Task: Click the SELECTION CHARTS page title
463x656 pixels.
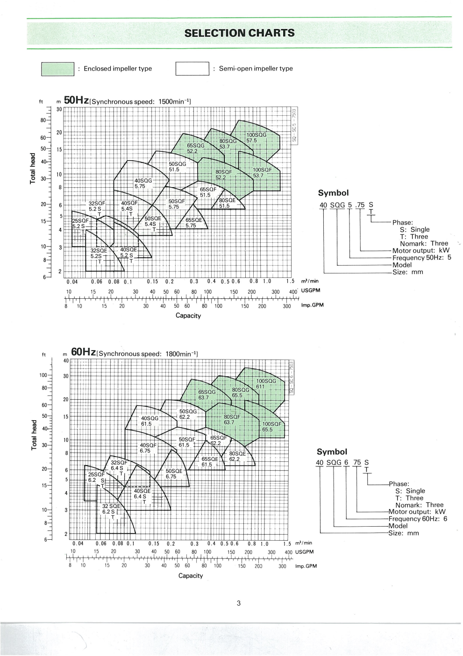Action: coord(239,33)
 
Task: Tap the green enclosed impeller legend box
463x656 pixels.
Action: coord(57,69)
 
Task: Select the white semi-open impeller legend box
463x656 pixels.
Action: coord(192,69)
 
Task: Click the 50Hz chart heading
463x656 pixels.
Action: coord(76,100)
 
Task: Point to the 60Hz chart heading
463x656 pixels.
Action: coord(83,353)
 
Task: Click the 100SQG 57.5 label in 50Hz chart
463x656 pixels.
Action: coord(256,138)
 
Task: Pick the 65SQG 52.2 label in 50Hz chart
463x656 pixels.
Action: coord(195,148)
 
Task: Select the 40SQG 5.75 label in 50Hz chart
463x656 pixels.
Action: coord(143,183)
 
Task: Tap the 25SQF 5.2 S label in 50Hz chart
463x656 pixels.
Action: coord(80,223)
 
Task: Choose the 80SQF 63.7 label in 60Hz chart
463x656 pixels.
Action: coord(232,419)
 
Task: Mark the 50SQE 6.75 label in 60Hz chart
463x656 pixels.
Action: coord(174,474)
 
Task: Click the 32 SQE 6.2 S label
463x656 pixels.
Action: coord(111,509)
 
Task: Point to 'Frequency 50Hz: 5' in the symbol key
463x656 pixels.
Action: coord(421,258)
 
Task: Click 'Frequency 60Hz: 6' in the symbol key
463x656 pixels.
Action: coord(418,519)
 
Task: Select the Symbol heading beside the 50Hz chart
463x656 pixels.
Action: coord(333,193)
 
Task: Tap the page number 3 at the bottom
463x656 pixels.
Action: coord(238,603)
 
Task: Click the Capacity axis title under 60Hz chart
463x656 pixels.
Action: coord(191,576)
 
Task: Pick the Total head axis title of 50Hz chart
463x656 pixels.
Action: coord(33,168)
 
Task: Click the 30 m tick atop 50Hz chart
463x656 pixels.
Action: coord(59,109)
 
